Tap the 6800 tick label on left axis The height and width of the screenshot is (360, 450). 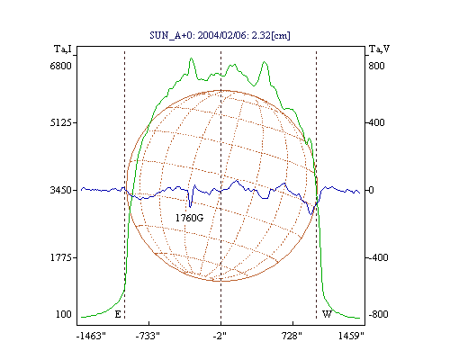pos(60,66)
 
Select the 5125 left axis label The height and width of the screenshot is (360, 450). pos(60,122)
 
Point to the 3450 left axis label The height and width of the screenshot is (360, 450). pos(60,190)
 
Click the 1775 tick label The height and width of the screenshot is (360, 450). pos(60,257)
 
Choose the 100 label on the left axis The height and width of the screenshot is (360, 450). pos(64,314)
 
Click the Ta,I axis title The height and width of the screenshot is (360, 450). pos(63,49)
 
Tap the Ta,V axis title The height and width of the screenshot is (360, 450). pos(380,49)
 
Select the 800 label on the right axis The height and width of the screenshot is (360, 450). pos(376,66)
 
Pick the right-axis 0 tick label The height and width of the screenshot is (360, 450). pos(371,190)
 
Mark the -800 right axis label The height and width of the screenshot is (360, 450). pos(378,314)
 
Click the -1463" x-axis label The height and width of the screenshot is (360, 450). pos(92,336)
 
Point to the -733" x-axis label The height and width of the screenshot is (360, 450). pos(148,336)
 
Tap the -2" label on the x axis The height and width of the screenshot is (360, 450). pos(220,336)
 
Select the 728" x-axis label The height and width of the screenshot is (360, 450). pos(292,336)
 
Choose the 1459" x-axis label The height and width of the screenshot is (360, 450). pos(351,336)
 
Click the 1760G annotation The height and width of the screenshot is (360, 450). pos(189,218)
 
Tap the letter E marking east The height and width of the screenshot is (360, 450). pos(118,314)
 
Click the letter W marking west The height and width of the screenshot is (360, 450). pos(327,314)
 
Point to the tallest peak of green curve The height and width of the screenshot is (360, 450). pos(191,58)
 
